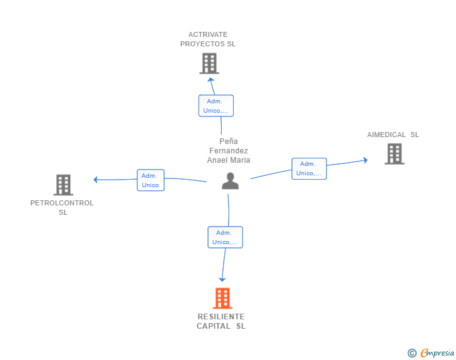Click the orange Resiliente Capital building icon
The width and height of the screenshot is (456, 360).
click(222, 298)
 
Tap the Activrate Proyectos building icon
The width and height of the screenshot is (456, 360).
click(209, 63)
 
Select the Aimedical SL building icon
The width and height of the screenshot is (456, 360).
click(395, 154)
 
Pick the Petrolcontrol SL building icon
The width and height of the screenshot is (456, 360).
click(63, 185)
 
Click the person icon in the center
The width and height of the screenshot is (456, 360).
click(231, 181)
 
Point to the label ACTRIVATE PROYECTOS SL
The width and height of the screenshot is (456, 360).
click(208, 39)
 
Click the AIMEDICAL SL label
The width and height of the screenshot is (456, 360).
click(393, 135)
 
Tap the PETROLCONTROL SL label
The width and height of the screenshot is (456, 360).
click(62, 208)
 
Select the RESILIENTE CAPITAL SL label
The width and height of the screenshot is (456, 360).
click(221, 321)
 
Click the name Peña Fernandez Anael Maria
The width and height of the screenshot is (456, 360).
click(229, 151)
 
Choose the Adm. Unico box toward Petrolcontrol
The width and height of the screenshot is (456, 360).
click(150, 180)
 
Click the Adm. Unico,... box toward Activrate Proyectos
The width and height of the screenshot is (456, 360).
click(216, 106)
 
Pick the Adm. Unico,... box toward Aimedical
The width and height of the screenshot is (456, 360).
click(309, 168)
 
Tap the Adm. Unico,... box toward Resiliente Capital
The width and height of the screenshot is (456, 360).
click(225, 237)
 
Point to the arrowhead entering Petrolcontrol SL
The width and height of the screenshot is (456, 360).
click(95, 180)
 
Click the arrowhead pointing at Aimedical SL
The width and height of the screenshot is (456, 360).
click(366, 160)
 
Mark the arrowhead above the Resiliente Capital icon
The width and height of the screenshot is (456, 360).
click(222, 280)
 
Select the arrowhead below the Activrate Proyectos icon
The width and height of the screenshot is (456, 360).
click(211, 80)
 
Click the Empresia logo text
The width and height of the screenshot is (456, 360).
click(437, 352)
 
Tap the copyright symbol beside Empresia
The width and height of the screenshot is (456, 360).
click(412, 353)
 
